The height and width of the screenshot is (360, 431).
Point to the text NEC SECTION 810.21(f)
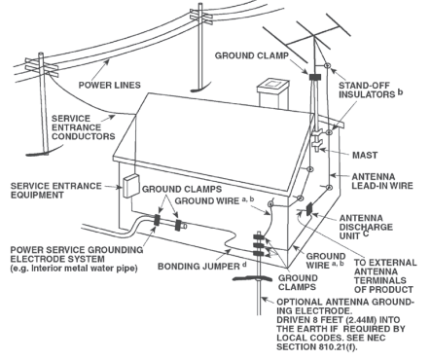point(337,342)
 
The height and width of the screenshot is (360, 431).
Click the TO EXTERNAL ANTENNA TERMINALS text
point(383,274)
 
